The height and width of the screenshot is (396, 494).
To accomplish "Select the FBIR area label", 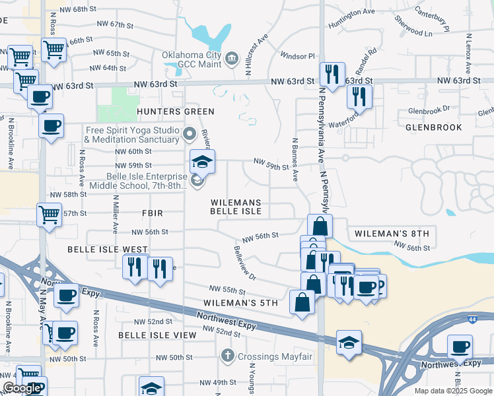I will pos(152,213).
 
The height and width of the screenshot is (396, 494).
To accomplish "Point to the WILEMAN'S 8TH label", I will pos(392,234).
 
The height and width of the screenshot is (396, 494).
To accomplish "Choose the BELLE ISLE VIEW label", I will pos(157,335).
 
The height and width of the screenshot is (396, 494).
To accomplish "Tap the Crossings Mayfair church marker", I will pos(228,356).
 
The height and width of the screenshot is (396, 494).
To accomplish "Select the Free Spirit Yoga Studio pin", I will pos(190,135).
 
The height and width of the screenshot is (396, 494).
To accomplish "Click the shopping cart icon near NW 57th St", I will pos(50,214).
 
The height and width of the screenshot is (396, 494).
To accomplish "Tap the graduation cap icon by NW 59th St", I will pos(203,160).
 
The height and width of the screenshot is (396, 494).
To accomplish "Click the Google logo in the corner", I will pos(22,388).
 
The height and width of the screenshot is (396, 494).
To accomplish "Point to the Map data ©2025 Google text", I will pos(452,391).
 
